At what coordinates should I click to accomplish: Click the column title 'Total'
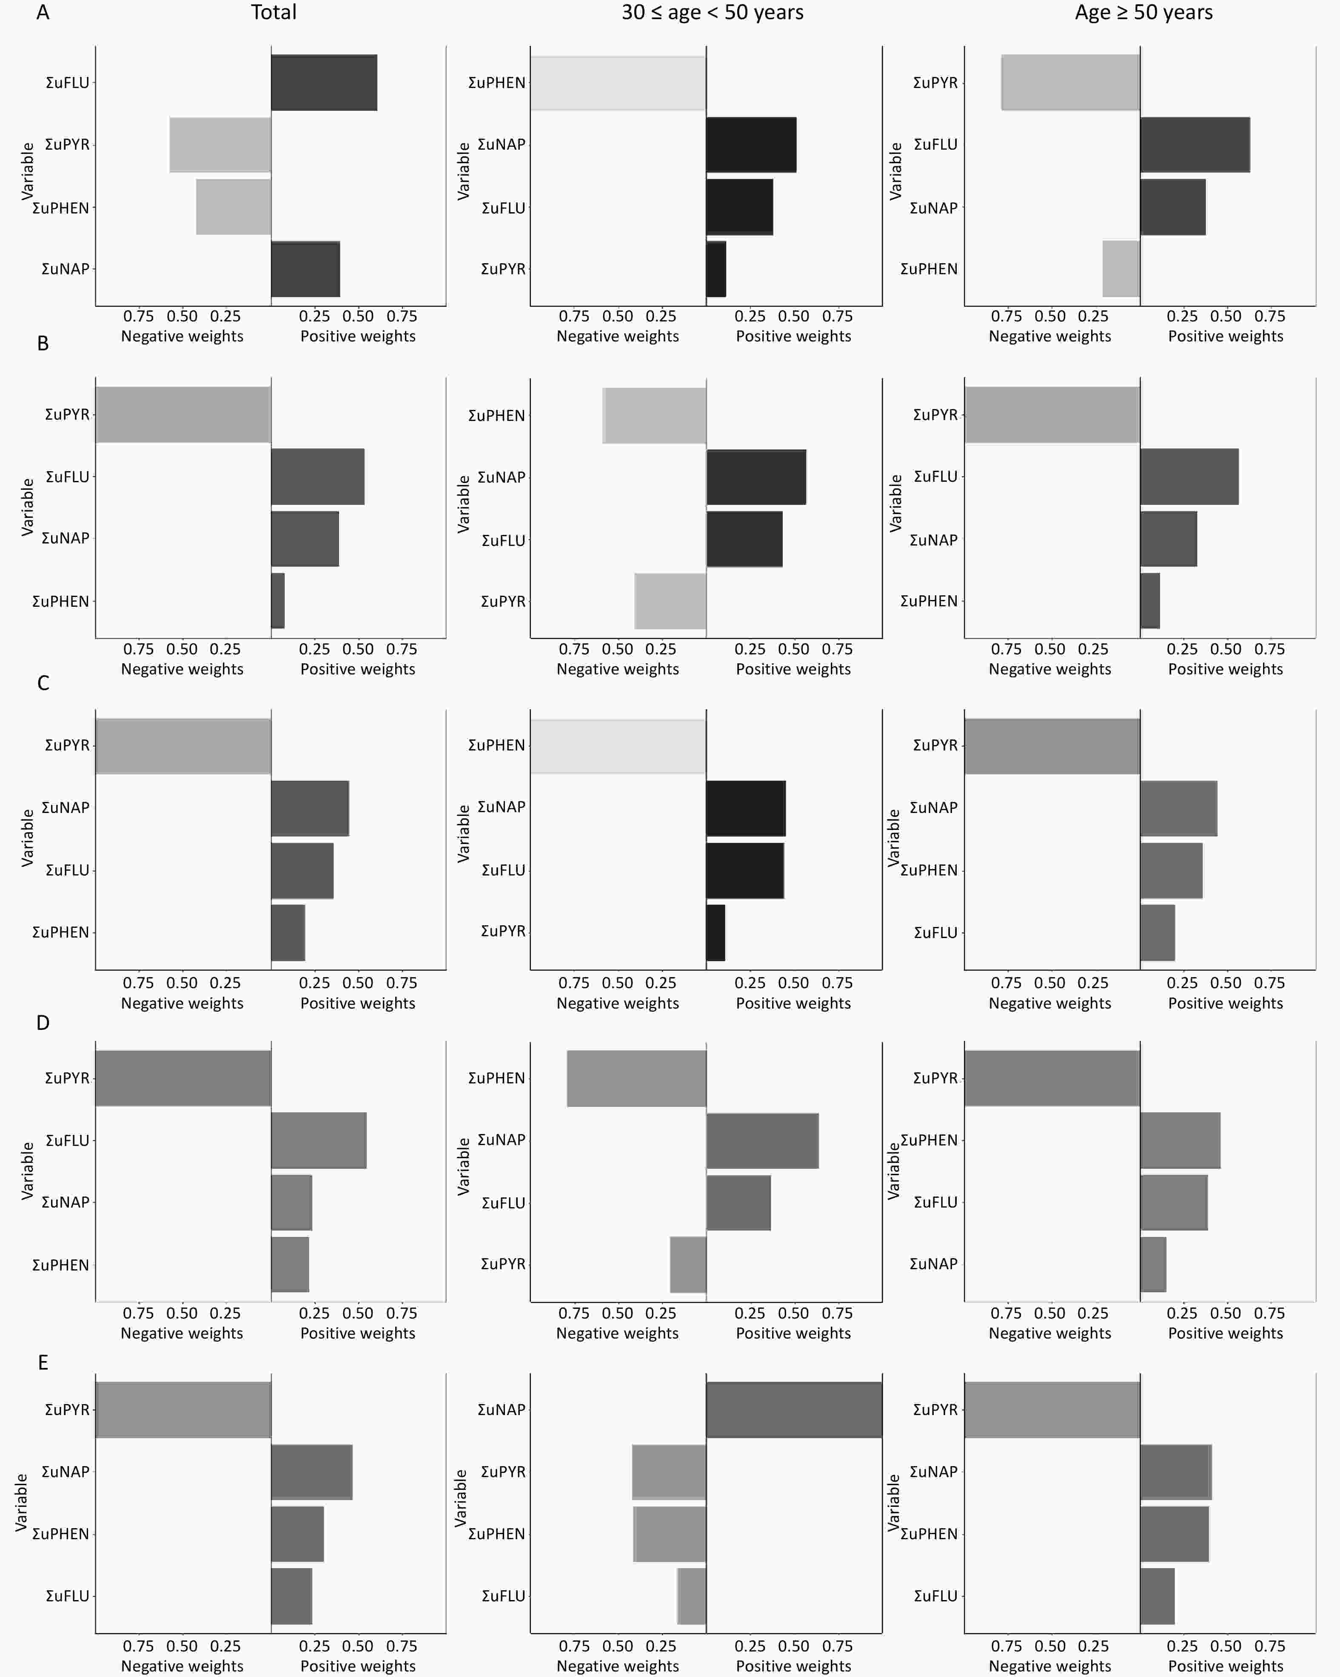273,12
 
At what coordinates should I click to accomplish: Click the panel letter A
43,12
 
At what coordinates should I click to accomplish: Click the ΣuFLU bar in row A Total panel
324,82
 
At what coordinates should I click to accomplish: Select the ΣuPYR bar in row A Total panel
220,145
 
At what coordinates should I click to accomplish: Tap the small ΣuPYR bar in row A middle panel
716,269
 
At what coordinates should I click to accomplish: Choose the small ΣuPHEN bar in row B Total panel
278,600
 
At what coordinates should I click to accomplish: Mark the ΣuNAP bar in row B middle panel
756,477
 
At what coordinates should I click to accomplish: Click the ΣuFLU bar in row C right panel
1157,932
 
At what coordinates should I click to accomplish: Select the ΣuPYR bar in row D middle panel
688,1264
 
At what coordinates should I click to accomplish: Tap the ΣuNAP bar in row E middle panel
794,1410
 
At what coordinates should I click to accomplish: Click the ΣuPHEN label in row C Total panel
61,932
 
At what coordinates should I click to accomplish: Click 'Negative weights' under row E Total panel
182,1666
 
